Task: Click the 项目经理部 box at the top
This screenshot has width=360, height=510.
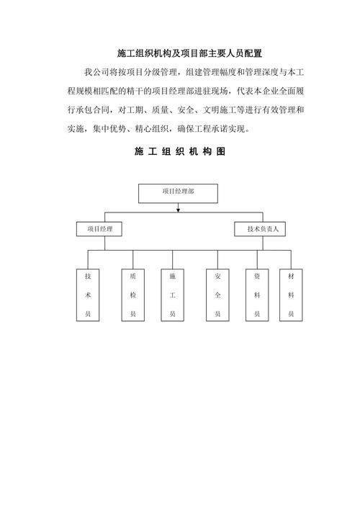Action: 178,192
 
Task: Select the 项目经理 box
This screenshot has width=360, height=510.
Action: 99,229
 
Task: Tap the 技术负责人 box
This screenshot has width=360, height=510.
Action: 262,229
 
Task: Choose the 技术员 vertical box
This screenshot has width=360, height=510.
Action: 87,295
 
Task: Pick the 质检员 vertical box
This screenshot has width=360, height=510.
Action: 132,295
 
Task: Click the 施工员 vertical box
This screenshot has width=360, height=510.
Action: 173,295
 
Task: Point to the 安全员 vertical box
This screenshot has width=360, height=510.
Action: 217,295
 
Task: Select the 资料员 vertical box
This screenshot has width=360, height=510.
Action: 257,295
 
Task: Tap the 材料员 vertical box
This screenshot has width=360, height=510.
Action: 291,295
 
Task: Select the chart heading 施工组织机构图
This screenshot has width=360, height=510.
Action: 179,153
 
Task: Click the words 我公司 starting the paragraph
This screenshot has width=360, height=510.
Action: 96,72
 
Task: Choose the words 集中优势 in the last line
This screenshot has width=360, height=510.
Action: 112,129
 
